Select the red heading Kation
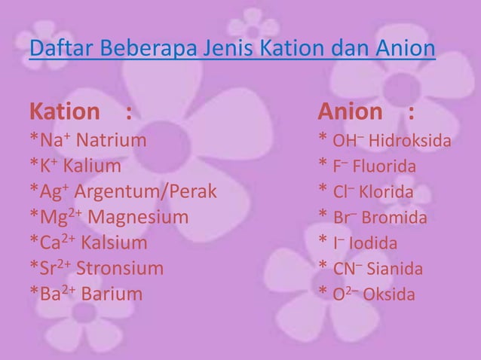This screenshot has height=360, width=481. point(64,113)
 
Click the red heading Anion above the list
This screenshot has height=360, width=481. point(350,113)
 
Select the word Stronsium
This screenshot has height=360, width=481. point(120,269)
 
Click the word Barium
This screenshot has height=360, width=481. point(111,294)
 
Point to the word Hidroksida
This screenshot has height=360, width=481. point(411,141)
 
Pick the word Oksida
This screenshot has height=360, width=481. point(389,294)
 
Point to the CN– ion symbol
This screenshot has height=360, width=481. point(348,269)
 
